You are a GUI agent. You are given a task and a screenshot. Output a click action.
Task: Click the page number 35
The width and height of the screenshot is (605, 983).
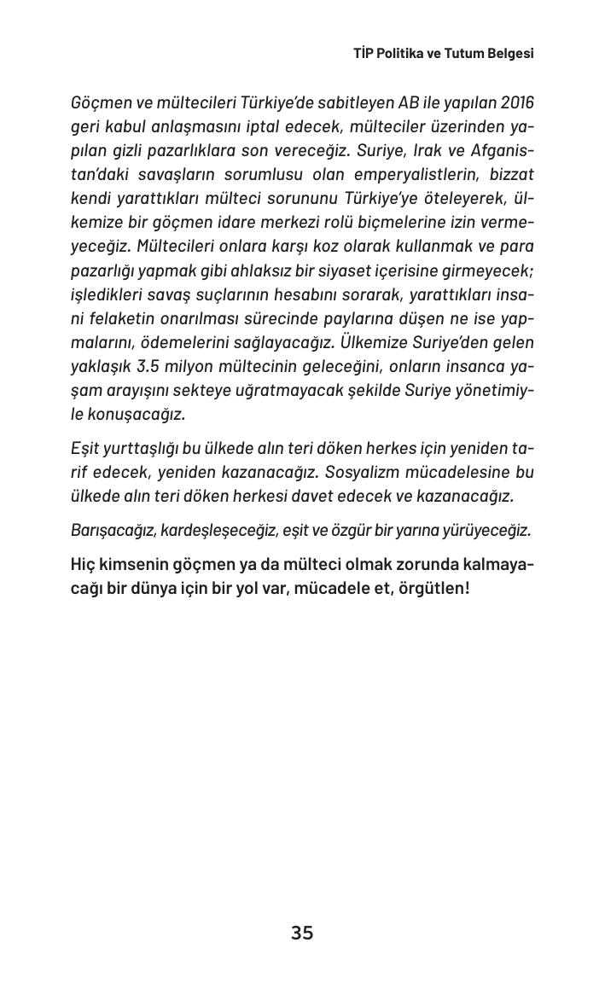point(302,933)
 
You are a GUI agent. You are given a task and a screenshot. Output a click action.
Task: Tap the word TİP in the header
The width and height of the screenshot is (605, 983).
point(364,53)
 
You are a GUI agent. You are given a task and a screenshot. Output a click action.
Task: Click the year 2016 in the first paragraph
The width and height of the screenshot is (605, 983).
point(517,103)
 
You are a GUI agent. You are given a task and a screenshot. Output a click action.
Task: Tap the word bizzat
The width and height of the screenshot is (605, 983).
point(510,175)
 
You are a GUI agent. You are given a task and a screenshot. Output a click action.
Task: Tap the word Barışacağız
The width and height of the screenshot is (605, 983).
point(113,530)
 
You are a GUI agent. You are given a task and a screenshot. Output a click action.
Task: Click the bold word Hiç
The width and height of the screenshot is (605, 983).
point(83,565)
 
